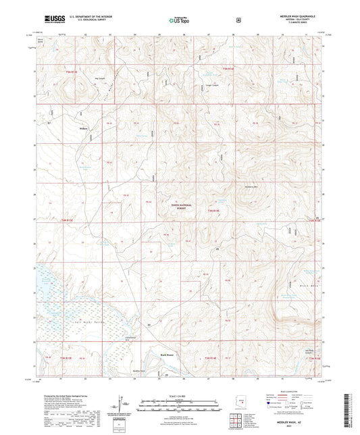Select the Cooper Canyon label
pos(211,87)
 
